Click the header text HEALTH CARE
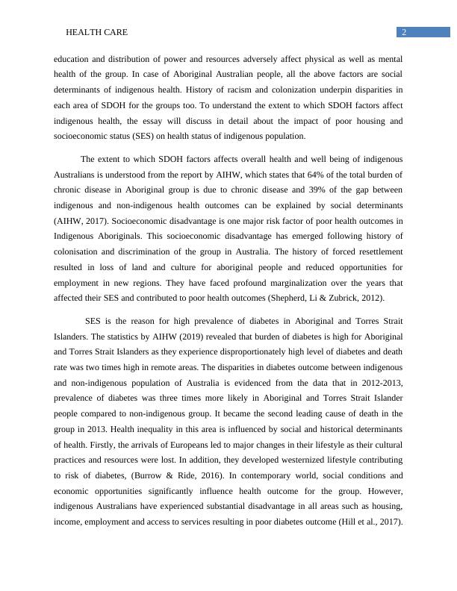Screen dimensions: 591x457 [96, 33]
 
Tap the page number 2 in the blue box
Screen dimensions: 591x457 [403, 32]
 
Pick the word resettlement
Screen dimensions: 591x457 [376, 251]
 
